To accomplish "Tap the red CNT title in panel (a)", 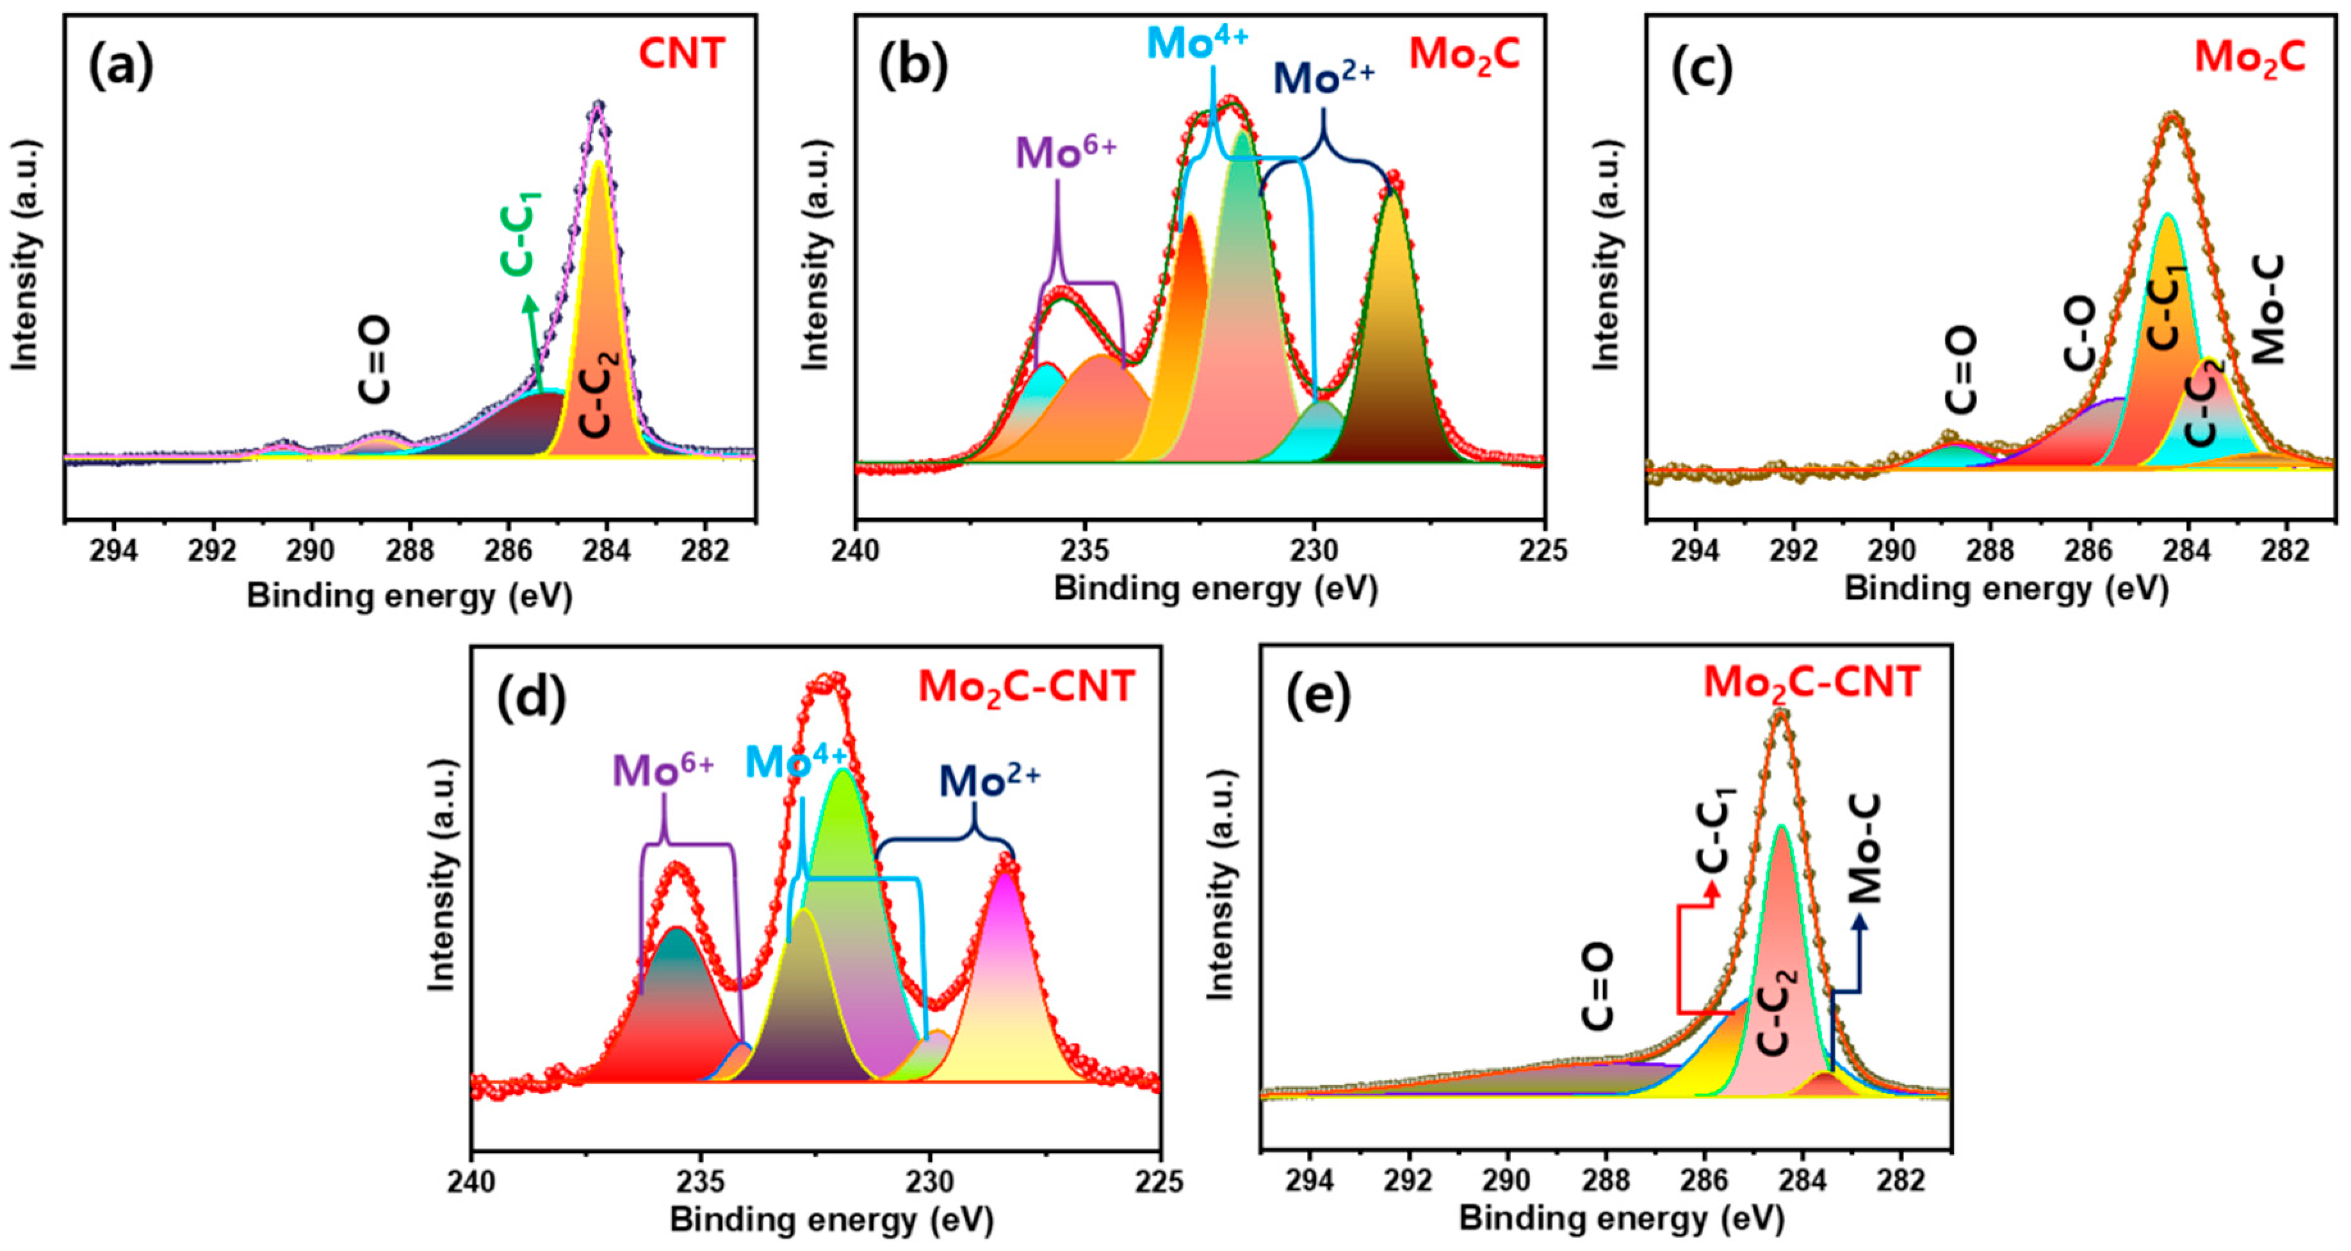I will pos(681,54).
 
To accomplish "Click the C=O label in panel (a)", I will pos(374,360).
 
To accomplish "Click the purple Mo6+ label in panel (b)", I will pos(1066,153).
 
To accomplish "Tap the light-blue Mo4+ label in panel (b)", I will pos(1196,44).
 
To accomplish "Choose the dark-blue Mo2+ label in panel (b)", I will pos(1323,79).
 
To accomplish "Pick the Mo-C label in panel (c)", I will pos(2269,311).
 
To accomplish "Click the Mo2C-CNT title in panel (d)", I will pos(1026,687).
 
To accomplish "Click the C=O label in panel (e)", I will pos(1598,987).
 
